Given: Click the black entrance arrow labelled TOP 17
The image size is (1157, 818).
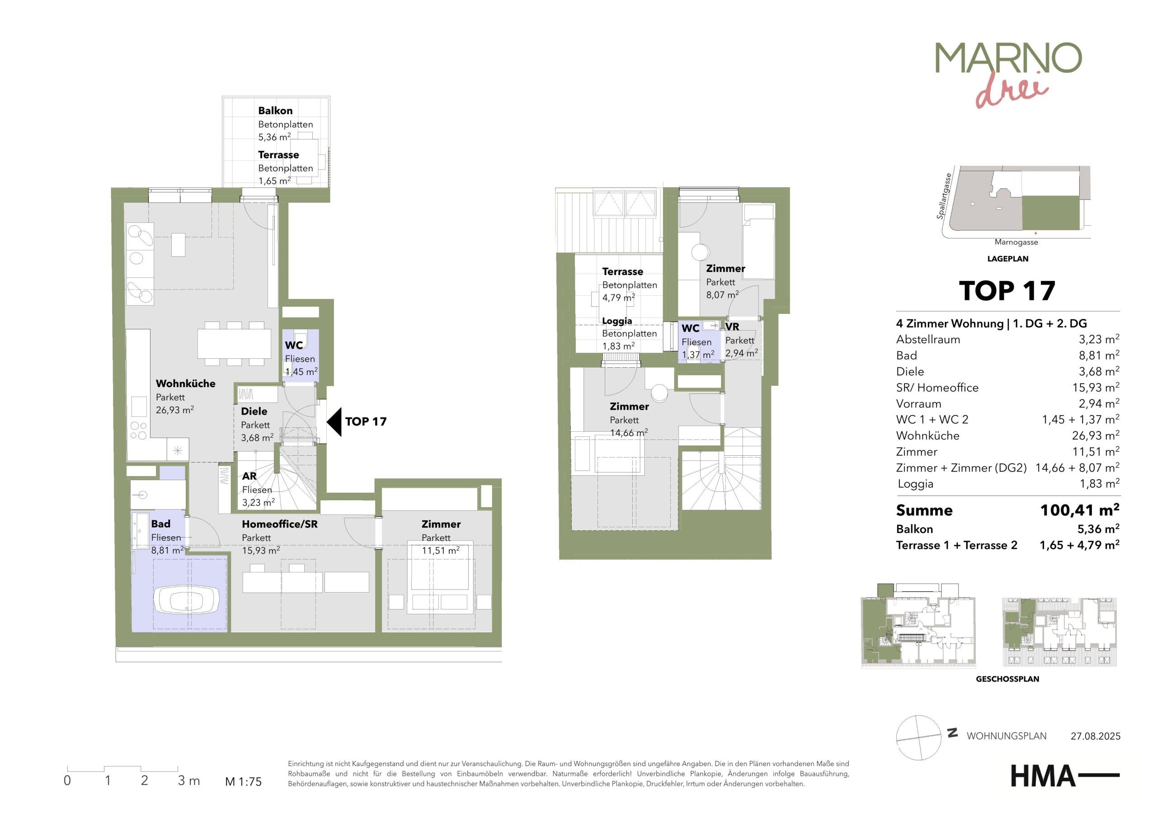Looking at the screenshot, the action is pyautogui.click(x=334, y=421).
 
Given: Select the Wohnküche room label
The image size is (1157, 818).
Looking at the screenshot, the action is pyautogui.click(x=185, y=383).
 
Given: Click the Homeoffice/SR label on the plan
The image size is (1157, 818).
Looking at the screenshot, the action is pyautogui.click(x=280, y=524).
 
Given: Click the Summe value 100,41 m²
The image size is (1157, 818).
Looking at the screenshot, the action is pyautogui.click(x=1080, y=510).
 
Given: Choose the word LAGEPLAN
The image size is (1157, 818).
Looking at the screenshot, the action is pyautogui.click(x=1008, y=259).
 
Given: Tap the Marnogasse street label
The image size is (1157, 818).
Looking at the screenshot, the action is pyautogui.click(x=1016, y=242).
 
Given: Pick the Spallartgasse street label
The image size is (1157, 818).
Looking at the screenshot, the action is pyautogui.click(x=944, y=196).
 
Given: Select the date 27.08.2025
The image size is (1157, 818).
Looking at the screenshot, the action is pyautogui.click(x=1096, y=736).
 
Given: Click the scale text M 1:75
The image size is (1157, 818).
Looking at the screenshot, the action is pyautogui.click(x=244, y=782).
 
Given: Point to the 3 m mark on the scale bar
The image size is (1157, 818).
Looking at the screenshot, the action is pyautogui.click(x=188, y=781).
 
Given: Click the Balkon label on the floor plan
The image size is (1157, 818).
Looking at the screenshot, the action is pyautogui.click(x=275, y=110).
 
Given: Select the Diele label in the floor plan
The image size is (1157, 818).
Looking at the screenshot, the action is pyautogui.click(x=254, y=411).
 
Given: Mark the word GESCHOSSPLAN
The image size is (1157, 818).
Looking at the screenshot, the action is pyautogui.click(x=1007, y=679).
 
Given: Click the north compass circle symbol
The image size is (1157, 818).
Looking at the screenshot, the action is pyautogui.click(x=919, y=738).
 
